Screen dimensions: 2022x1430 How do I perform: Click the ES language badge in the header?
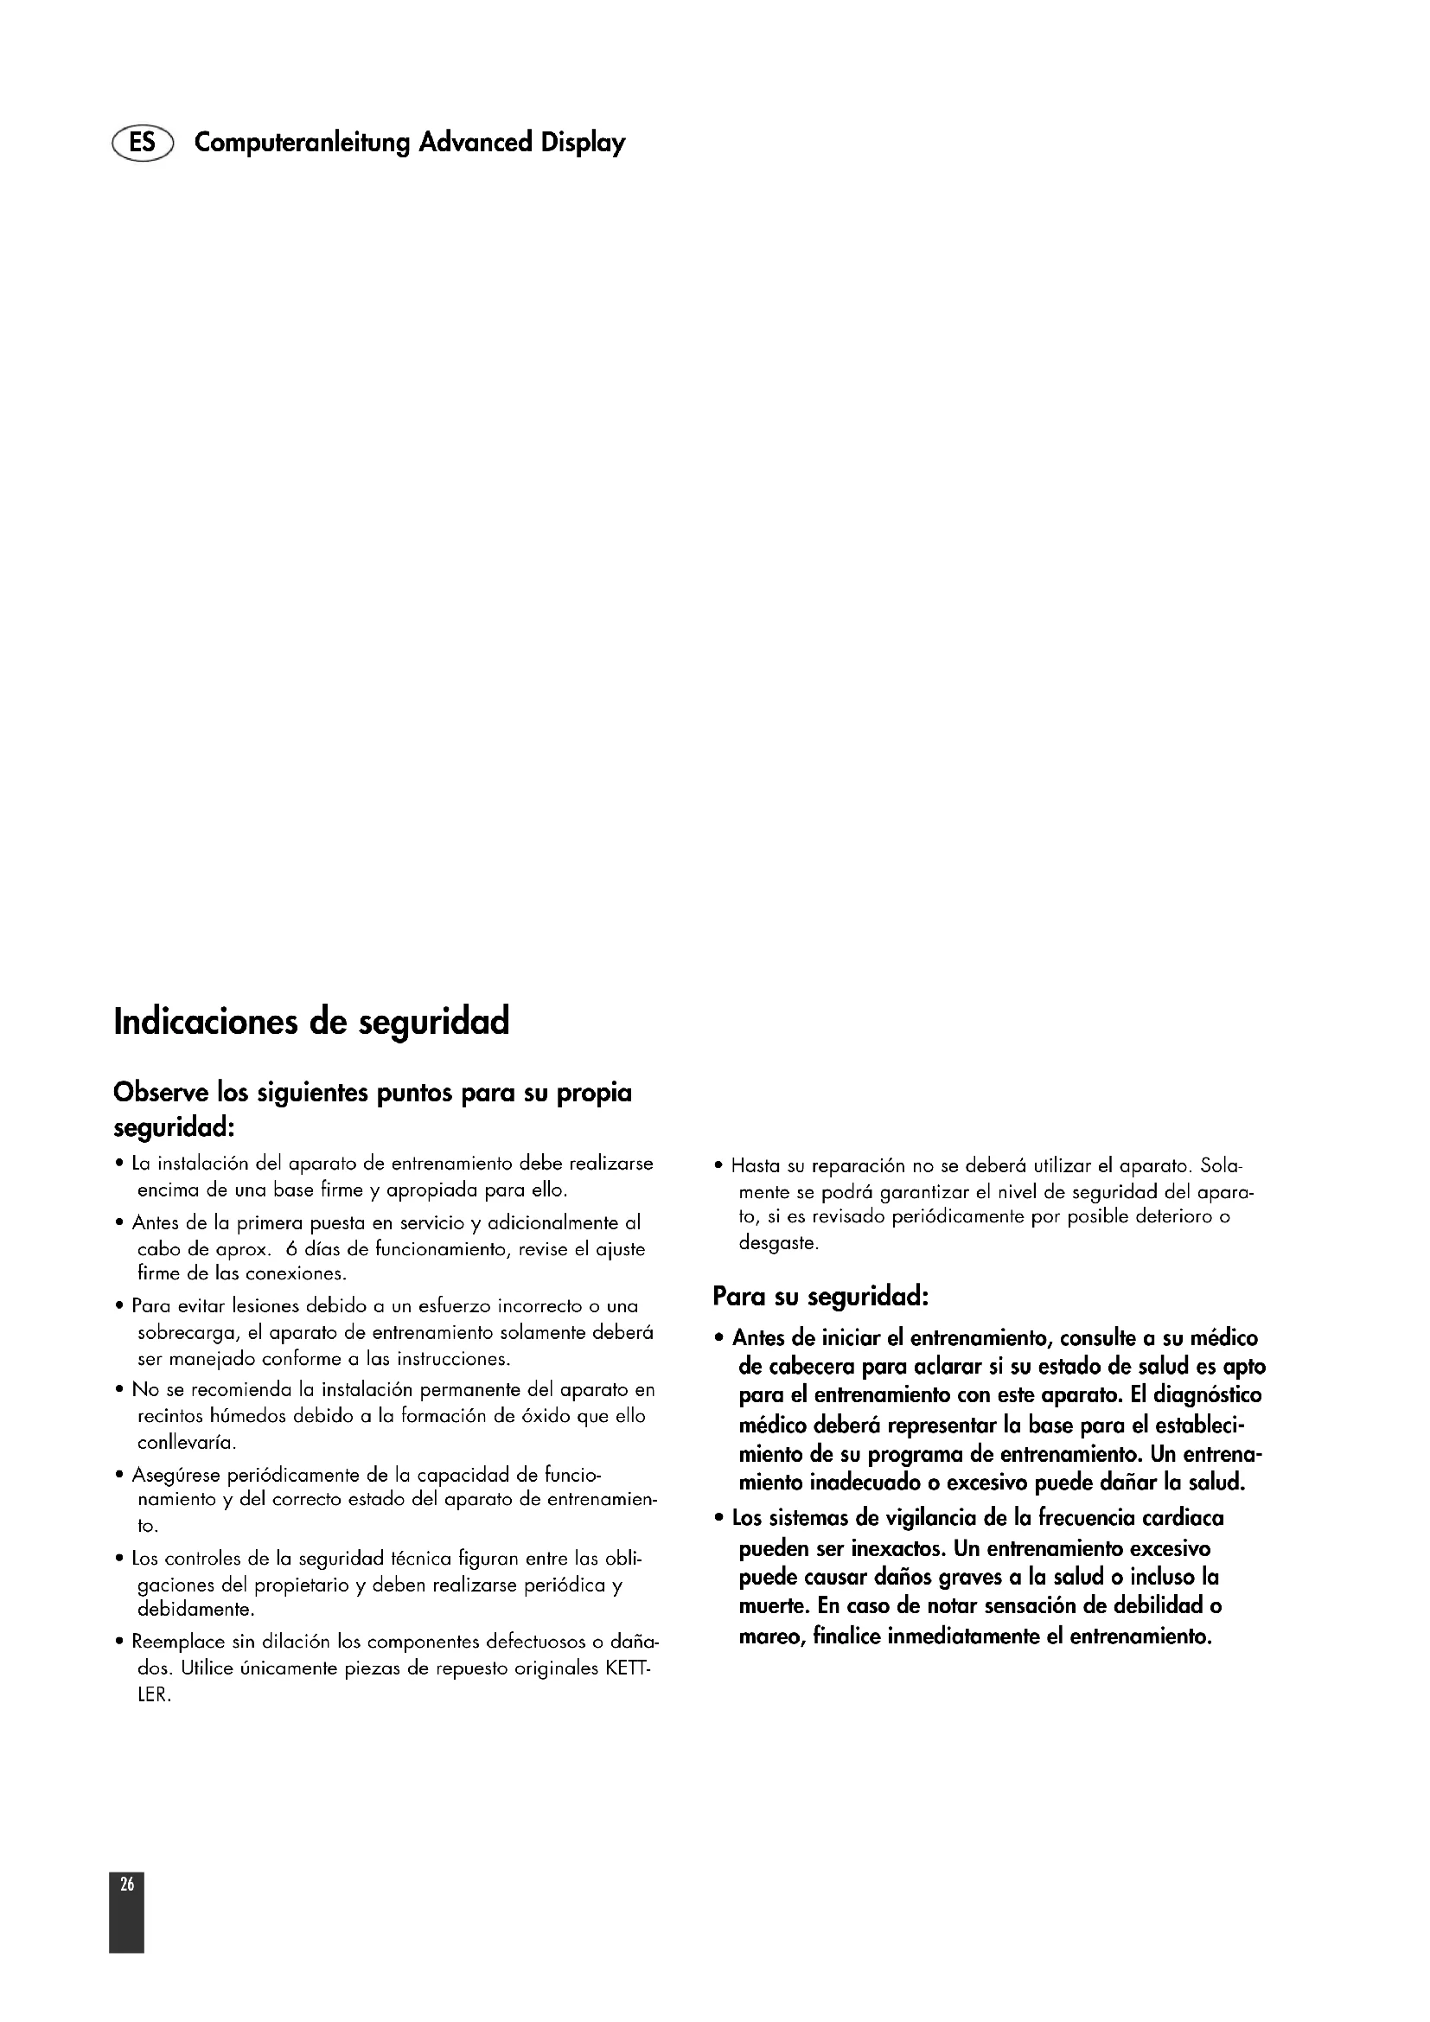tap(143, 142)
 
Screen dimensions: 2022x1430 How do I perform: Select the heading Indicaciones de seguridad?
tap(312, 1023)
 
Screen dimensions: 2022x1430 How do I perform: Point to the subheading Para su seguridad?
tap(820, 1297)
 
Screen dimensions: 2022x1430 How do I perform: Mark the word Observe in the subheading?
tap(161, 1093)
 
